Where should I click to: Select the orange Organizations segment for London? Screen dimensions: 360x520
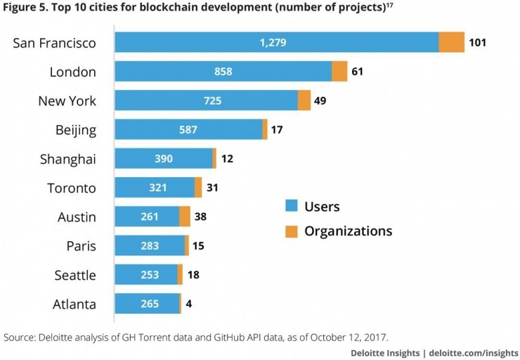(339, 72)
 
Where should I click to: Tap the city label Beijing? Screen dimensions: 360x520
(76, 130)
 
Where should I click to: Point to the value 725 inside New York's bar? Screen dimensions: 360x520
(212, 101)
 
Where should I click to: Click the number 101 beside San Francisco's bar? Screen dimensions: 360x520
(478, 42)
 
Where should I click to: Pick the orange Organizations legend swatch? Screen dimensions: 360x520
(292, 231)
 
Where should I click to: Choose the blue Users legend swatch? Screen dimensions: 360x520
(292, 207)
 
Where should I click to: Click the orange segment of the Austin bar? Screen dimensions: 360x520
(185, 217)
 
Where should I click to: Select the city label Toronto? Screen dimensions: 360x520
(72, 188)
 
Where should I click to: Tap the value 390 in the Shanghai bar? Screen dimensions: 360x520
(163, 159)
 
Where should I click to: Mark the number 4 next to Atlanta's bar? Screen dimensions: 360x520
(189, 304)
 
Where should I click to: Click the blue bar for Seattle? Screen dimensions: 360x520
(145, 275)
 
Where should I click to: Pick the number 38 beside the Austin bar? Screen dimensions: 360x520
(201, 217)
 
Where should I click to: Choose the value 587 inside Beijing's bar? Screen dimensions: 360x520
(188, 130)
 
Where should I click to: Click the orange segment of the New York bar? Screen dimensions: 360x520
(304, 101)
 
